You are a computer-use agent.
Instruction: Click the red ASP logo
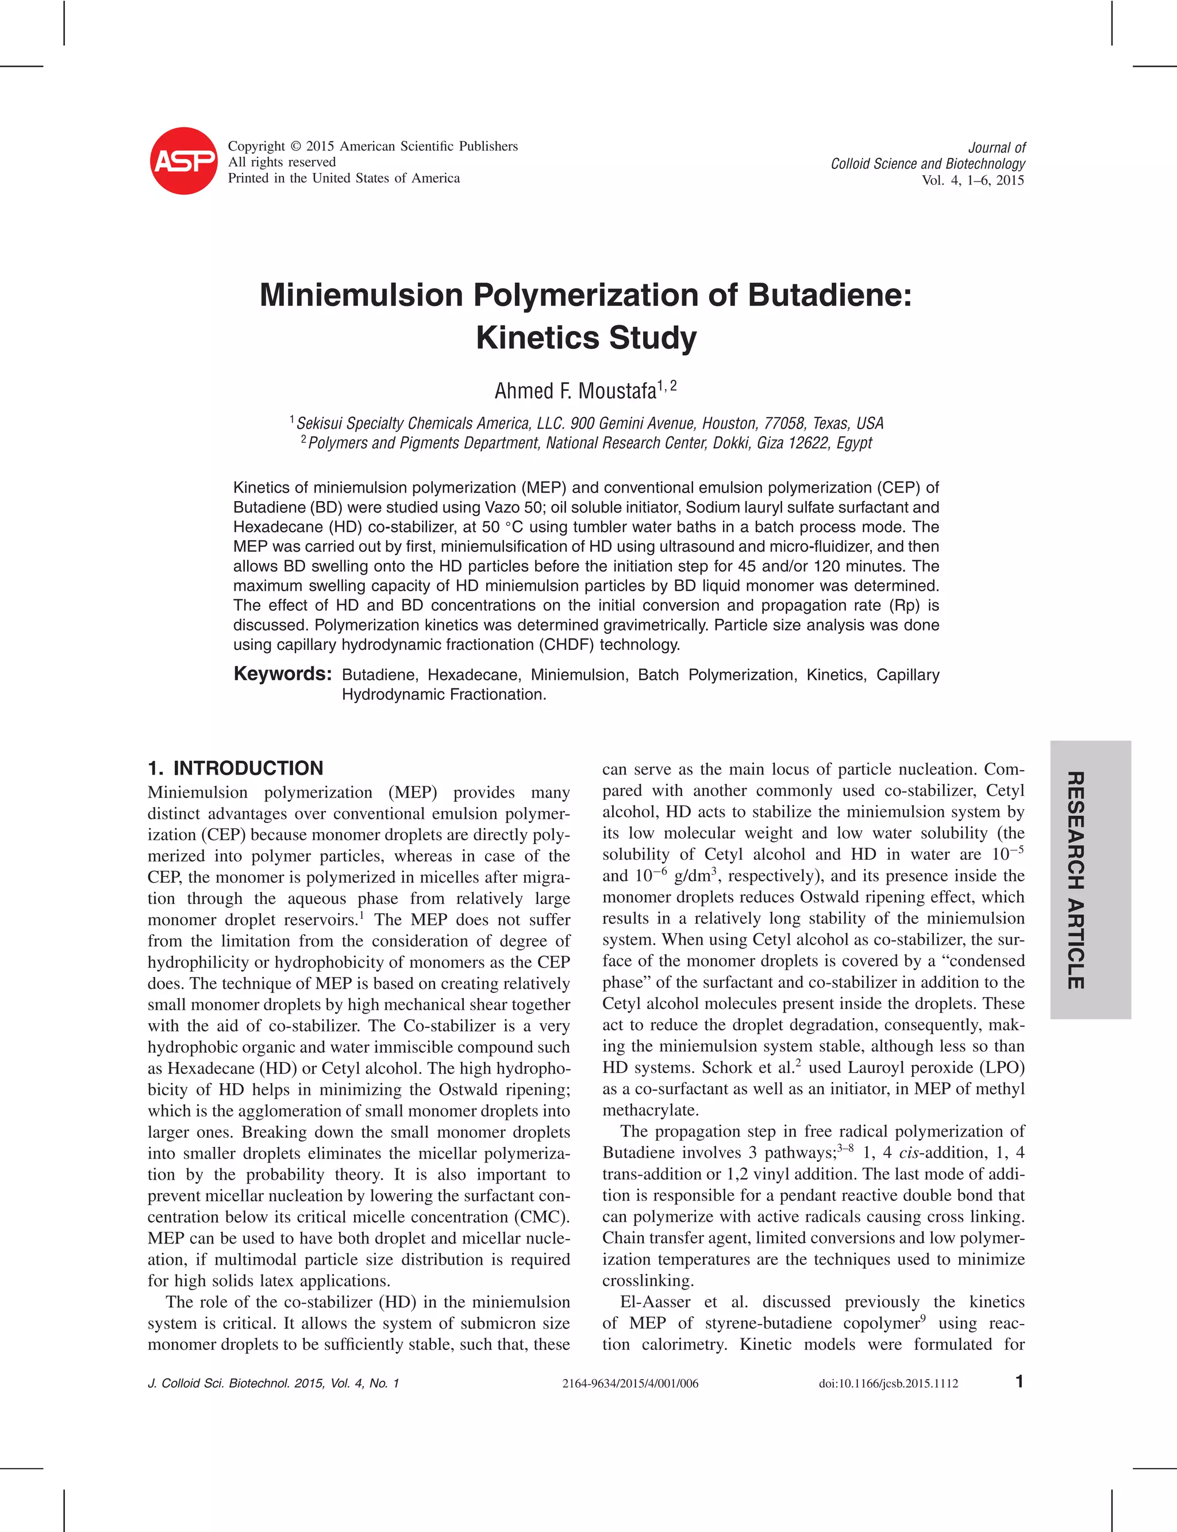pyautogui.click(x=183, y=161)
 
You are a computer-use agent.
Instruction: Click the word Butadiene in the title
pyautogui.click(x=829, y=295)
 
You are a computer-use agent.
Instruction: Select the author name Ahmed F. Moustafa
pyautogui.click(x=576, y=391)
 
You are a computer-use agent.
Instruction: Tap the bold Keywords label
pyautogui.click(x=282, y=674)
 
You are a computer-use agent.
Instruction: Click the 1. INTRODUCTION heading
pyautogui.click(x=236, y=768)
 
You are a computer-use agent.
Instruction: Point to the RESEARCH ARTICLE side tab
pyautogui.click(x=1090, y=880)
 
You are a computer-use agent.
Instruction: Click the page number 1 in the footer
pyautogui.click(x=1020, y=1381)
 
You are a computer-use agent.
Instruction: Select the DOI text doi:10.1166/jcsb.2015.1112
pyautogui.click(x=888, y=1384)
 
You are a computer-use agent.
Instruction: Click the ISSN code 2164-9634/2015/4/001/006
pyautogui.click(x=630, y=1384)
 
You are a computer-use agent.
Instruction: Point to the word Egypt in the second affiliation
pyautogui.click(x=854, y=444)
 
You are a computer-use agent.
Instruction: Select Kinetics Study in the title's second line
pyautogui.click(x=586, y=338)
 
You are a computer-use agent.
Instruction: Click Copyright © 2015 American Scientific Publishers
pyautogui.click(x=373, y=147)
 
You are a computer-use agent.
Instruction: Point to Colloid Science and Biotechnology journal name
pyautogui.click(x=928, y=164)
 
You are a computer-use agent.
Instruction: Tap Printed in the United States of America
pyautogui.click(x=344, y=178)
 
